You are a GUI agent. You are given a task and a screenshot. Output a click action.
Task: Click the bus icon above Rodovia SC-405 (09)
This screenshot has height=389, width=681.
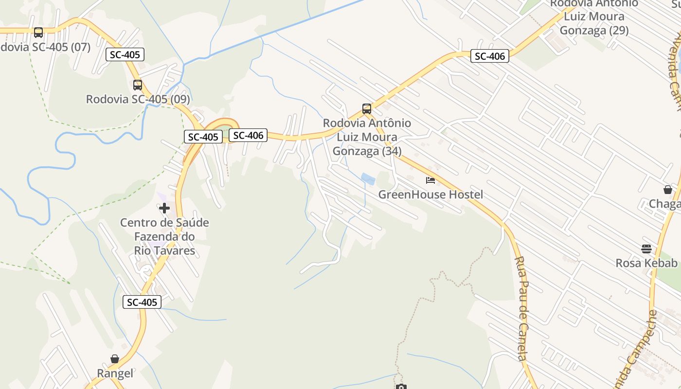[138, 85]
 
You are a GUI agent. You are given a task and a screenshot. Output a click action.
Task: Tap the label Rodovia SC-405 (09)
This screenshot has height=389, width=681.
[138, 99]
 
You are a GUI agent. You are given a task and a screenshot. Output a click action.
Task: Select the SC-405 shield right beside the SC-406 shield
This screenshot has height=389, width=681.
[203, 137]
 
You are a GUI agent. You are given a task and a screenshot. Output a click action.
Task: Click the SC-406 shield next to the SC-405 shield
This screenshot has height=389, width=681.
[248, 135]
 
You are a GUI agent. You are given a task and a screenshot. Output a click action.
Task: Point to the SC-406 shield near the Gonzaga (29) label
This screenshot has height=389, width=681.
[490, 56]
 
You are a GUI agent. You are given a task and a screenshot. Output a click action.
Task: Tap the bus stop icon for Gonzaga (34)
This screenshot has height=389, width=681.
[367, 109]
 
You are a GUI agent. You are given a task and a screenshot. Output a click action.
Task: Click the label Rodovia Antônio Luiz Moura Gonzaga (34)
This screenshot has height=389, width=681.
[367, 137]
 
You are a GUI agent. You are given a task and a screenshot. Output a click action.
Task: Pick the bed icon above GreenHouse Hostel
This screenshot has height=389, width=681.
[430, 180]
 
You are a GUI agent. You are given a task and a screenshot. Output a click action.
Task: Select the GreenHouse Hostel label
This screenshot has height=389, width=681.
[430, 194]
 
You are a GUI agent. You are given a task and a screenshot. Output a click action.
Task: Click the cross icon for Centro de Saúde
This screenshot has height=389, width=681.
[164, 208]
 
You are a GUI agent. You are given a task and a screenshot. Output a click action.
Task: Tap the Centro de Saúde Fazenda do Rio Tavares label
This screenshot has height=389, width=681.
[164, 237]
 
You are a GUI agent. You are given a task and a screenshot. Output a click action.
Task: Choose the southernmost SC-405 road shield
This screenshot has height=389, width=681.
[142, 302]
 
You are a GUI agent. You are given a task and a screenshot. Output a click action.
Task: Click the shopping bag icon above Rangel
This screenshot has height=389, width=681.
[115, 359]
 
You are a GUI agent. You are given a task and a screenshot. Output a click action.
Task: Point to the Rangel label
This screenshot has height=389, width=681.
[115, 373]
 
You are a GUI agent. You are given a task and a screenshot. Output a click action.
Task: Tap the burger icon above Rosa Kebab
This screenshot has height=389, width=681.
[646, 249]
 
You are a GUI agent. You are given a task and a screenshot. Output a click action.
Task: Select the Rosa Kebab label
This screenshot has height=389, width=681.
[646, 263]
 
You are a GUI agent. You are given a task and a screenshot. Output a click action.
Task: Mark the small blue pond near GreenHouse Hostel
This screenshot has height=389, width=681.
[368, 179]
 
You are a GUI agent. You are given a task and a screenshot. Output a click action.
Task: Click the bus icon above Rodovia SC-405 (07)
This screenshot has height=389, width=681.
[38, 33]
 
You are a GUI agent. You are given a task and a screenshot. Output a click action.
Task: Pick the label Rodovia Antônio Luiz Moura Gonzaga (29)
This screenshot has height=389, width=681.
[594, 17]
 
